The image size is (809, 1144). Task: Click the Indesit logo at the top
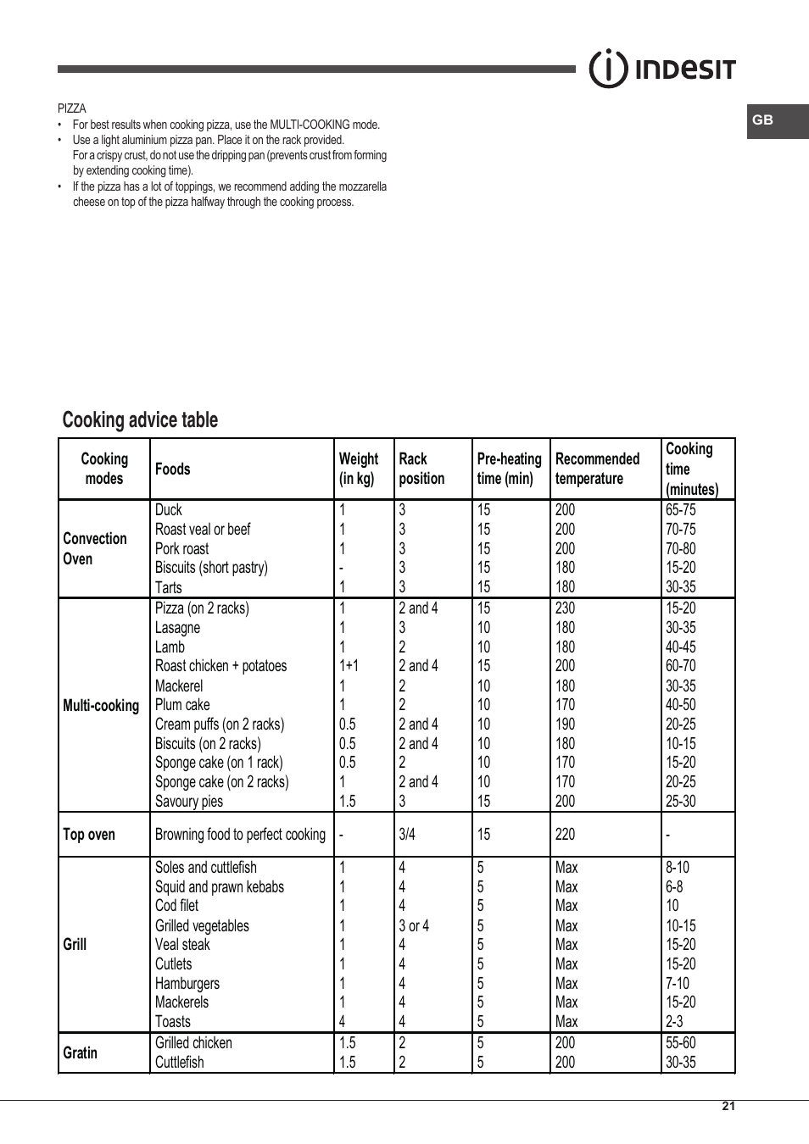(662, 69)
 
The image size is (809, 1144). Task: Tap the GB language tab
(763, 120)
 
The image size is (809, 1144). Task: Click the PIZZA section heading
(72, 108)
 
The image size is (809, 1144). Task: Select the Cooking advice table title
(140, 420)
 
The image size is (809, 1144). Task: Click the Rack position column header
(421, 469)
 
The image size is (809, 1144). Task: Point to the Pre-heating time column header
(509, 469)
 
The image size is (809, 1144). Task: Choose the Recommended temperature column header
(597, 469)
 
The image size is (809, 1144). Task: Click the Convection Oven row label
(94, 548)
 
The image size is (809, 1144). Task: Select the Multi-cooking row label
(101, 705)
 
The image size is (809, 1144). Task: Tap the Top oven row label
(89, 834)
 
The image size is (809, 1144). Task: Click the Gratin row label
(81, 1052)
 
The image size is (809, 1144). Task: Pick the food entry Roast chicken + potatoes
(220, 666)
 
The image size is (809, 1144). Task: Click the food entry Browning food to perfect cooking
(240, 834)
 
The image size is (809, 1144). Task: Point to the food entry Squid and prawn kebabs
(220, 886)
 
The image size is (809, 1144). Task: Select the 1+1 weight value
(349, 666)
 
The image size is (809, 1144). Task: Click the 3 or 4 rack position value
(414, 925)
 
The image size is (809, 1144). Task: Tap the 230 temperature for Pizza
(565, 608)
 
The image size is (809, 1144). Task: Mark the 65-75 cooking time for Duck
(680, 510)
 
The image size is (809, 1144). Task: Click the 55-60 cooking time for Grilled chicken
(680, 1042)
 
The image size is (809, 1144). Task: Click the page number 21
(728, 1106)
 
